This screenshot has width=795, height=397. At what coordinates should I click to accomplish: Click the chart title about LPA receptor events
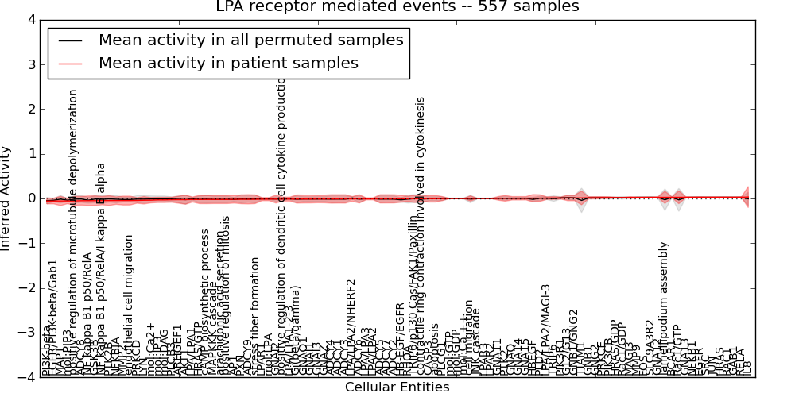pos(397,7)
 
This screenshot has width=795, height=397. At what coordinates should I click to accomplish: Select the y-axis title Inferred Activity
pos(6,198)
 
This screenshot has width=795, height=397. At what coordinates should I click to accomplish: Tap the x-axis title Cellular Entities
pos(397,387)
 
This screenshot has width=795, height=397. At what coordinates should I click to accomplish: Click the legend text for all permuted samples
pos(250,40)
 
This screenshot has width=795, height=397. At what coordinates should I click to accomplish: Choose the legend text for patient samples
pos(228,63)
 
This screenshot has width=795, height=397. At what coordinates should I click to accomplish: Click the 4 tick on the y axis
pos(30,19)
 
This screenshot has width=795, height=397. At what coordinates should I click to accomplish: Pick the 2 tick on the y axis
pos(30,109)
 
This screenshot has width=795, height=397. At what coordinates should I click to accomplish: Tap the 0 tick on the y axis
pos(30,198)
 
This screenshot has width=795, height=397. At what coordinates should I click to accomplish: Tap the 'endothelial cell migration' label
pos(129,310)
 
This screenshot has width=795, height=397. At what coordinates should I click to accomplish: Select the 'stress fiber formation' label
pos(255,314)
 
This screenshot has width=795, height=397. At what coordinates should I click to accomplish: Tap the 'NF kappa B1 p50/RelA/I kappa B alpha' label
pos(101,270)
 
